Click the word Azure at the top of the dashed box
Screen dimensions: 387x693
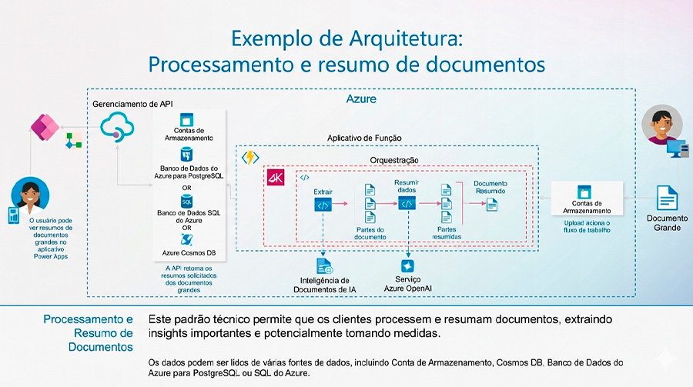click(x=360, y=99)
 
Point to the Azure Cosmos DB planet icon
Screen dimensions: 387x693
click(x=186, y=239)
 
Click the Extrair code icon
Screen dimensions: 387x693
click(x=323, y=204)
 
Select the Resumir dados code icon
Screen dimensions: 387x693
click(x=407, y=203)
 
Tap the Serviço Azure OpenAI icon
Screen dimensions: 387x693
click(x=407, y=264)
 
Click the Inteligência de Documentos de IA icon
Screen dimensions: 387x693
click(x=323, y=266)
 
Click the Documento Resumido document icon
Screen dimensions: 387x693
click(x=491, y=204)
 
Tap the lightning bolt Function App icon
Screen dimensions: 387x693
click(x=251, y=157)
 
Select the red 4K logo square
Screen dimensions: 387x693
click(x=276, y=178)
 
